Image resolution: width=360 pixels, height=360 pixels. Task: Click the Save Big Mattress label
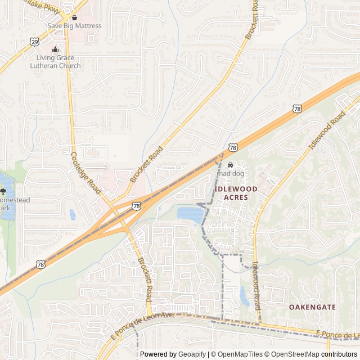(x=74, y=26)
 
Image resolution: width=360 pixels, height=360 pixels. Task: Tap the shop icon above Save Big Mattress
(x=74, y=17)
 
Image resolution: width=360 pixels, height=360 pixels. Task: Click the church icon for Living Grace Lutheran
(x=55, y=50)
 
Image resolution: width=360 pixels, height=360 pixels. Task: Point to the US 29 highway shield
(x=35, y=42)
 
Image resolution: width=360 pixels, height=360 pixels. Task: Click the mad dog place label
(x=230, y=174)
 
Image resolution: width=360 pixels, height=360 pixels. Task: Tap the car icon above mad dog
(x=230, y=165)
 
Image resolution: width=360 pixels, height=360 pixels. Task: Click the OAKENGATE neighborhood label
(x=312, y=307)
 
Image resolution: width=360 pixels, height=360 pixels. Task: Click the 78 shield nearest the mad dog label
(x=233, y=147)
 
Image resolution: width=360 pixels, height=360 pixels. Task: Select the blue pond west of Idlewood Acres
(x=190, y=214)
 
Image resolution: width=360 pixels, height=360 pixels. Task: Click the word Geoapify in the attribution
(x=192, y=354)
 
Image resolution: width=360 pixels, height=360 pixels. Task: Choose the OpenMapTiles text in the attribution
(x=241, y=354)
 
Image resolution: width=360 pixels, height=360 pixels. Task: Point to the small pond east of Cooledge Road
(x=72, y=214)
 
